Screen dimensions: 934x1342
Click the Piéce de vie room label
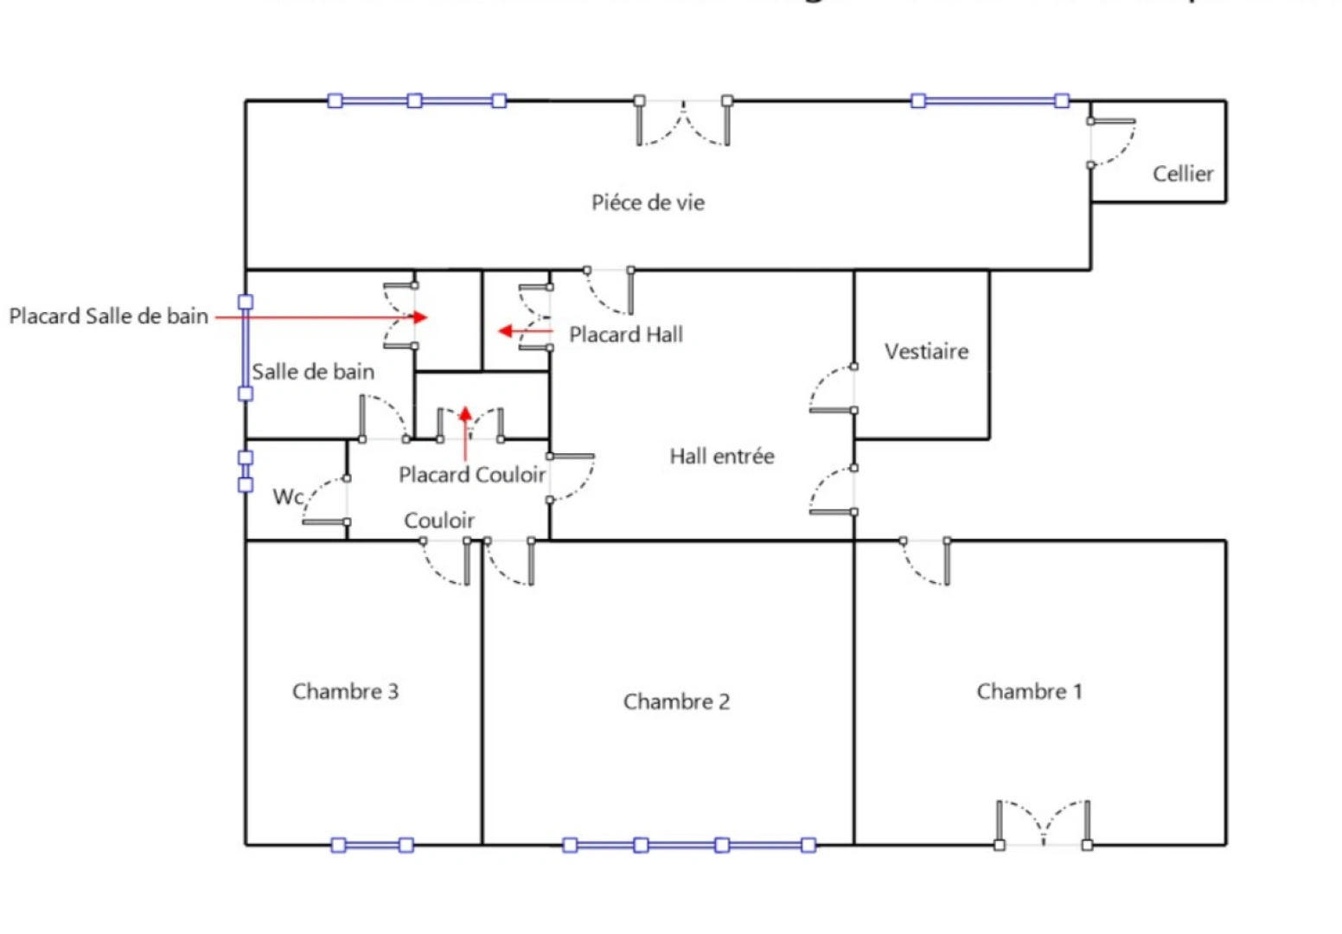pos(648,202)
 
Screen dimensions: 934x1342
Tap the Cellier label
pos(1182,174)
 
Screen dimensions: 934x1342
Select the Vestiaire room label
pos(926,351)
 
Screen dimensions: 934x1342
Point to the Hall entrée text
pos(721,456)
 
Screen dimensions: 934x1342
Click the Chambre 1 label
pos(1029,691)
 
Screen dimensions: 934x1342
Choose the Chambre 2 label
pos(676,701)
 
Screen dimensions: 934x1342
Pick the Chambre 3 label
pos(345,691)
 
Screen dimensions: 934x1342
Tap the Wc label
pos(288,496)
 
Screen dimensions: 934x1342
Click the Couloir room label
pos(439,521)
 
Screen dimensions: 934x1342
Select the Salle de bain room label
pos(313,372)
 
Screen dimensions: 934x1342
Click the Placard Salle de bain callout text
pos(109,317)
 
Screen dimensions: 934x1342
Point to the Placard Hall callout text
pos(626,335)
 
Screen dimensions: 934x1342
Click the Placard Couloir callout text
pos(472,475)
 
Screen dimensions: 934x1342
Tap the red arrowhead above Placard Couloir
pos(465,413)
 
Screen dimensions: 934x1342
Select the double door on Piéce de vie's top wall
pos(683,121)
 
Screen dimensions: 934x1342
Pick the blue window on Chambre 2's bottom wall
pos(688,845)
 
